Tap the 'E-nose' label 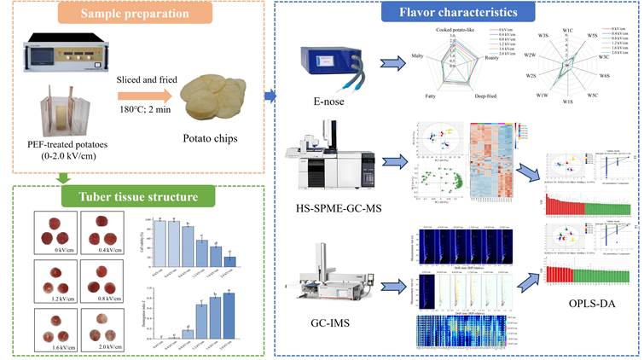point(328,111)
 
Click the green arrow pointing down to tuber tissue point(62,177)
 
